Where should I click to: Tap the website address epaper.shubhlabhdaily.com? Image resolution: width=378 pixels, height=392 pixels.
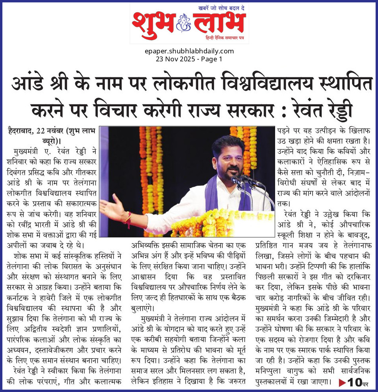coord(189,51)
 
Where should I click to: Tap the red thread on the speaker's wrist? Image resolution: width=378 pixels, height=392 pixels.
coord(128,220)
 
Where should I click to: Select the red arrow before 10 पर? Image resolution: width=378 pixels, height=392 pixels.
coord(342,382)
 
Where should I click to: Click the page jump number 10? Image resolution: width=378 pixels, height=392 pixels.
coord(353,382)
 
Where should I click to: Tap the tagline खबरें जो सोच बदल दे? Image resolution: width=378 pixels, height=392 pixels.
coord(222,8)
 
